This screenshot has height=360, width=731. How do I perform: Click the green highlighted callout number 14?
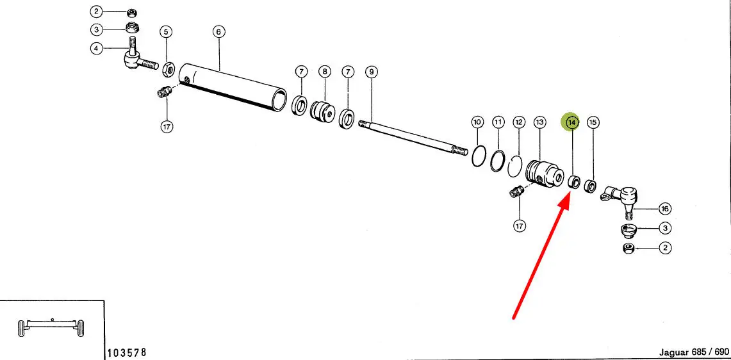pyautogui.click(x=571, y=122)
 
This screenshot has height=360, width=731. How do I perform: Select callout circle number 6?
pyautogui.click(x=218, y=32)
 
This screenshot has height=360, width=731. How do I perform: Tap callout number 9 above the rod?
pyautogui.click(x=371, y=72)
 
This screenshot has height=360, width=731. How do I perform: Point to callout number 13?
pyautogui.click(x=539, y=122)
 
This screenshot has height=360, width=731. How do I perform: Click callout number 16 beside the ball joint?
pyautogui.click(x=665, y=208)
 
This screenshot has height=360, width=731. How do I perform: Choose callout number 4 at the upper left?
pyautogui.click(x=96, y=48)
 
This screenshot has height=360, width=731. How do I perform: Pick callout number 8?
pyautogui.click(x=324, y=72)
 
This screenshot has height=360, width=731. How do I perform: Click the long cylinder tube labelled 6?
pyautogui.click(x=233, y=86)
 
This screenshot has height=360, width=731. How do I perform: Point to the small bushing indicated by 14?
pyautogui.click(x=574, y=182)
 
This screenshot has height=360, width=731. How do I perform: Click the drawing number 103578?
pyautogui.click(x=127, y=352)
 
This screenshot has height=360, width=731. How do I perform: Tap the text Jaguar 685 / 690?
pyautogui.click(x=694, y=352)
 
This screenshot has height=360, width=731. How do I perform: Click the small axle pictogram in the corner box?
pyautogui.click(x=51, y=327)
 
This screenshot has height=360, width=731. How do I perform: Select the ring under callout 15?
pyautogui.click(x=591, y=186)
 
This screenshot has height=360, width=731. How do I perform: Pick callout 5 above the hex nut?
pyautogui.click(x=166, y=32)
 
